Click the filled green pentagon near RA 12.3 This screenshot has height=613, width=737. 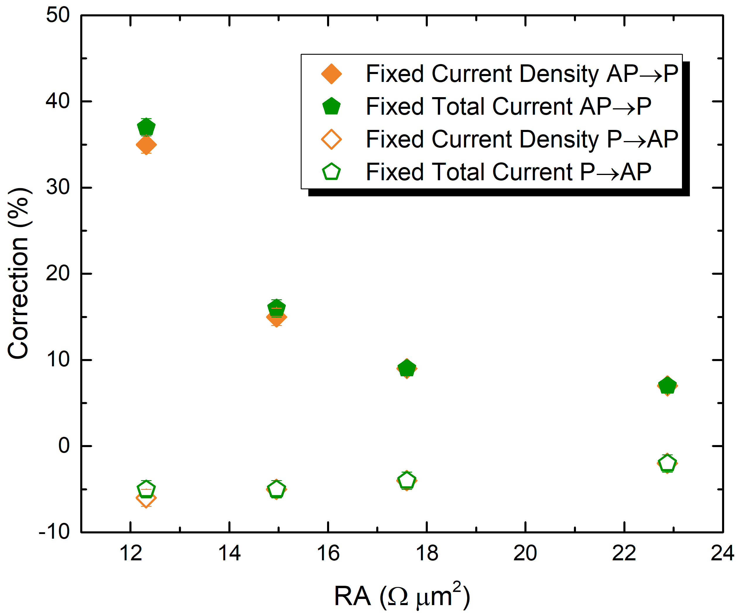point(146,127)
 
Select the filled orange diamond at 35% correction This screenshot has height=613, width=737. point(146,145)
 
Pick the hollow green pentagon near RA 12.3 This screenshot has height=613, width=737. point(146,489)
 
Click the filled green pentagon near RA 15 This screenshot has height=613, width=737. point(276,308)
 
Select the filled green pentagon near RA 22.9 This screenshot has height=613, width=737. point(667,386)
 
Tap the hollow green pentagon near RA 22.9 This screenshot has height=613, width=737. point(667,463)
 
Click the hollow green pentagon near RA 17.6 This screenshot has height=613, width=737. point(407,480)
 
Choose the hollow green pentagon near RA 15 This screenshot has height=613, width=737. point(276,489)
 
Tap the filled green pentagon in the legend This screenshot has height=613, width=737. point(331,107)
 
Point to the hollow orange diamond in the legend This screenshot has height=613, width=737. point(331,139)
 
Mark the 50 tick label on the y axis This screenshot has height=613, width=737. point(58,16)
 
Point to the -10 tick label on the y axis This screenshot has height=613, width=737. point(54,532)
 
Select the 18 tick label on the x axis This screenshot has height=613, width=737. point(427,553)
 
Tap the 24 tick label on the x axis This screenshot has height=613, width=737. point(722,553)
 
